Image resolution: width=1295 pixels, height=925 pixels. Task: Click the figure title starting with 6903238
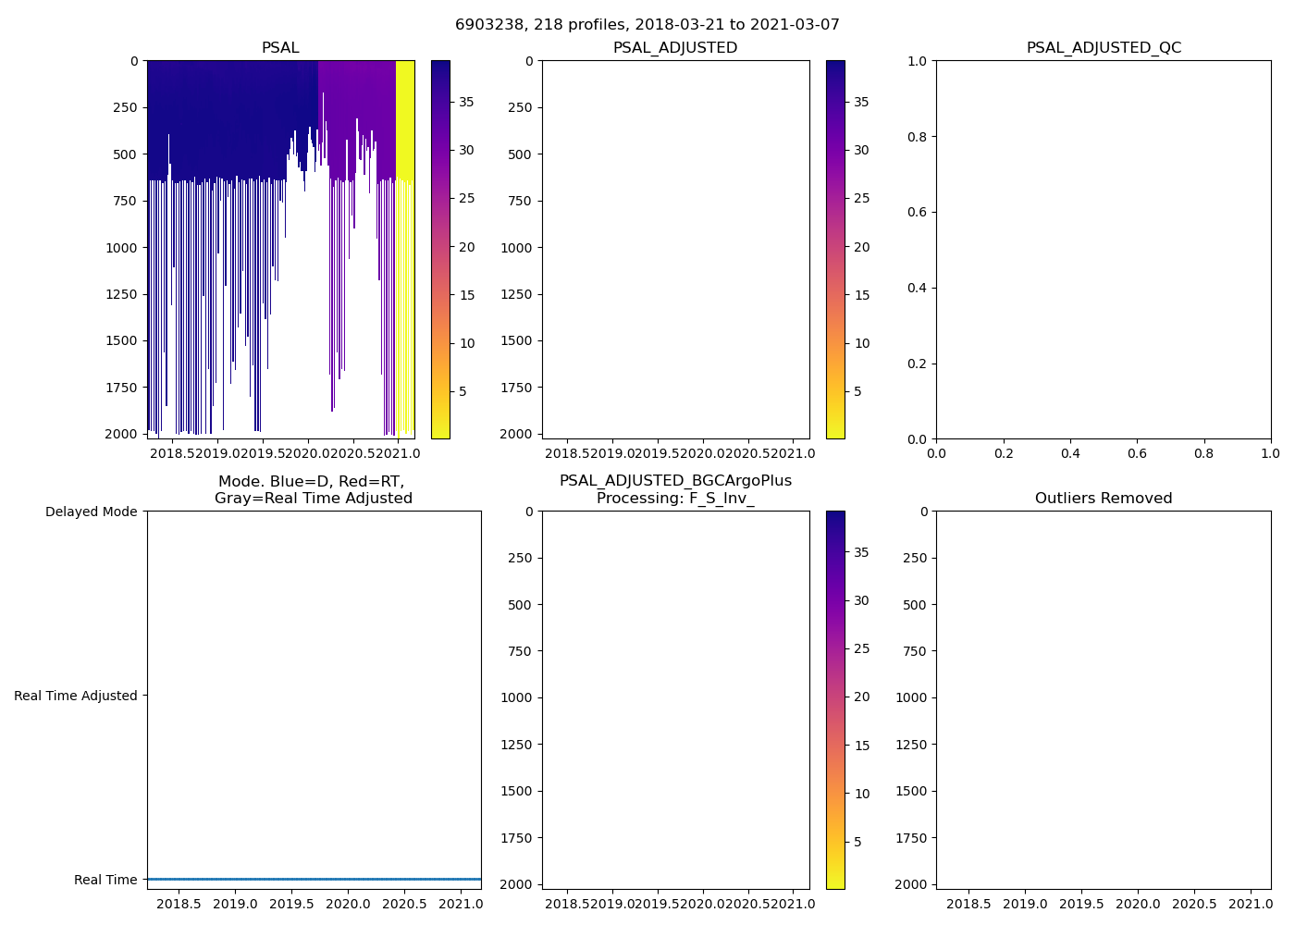click(647, 25)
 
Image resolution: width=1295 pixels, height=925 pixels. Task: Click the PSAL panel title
click(280, 48)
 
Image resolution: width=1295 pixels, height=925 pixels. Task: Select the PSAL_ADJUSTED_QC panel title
click(1104, 48)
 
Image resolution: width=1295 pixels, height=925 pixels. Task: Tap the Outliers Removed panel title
click(1104, 499)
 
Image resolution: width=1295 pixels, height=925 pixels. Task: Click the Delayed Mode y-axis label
click(91, 512)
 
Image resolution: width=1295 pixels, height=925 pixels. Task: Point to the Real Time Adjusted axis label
click(75, 696)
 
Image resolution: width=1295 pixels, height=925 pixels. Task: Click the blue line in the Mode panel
click(314, 879)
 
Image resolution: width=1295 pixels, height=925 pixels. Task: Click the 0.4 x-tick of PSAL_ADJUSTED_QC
click(1070, 453)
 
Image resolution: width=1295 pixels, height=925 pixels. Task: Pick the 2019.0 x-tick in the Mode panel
click(236, 904)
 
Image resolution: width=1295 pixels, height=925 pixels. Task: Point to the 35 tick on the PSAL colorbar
click(466, 102)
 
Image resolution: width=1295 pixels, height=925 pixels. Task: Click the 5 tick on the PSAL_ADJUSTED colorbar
click(857, 391)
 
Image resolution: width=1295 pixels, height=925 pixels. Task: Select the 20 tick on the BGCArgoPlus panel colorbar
click(861, 697)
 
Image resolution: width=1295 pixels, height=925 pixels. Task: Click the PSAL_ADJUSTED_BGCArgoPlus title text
click(675, 481)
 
